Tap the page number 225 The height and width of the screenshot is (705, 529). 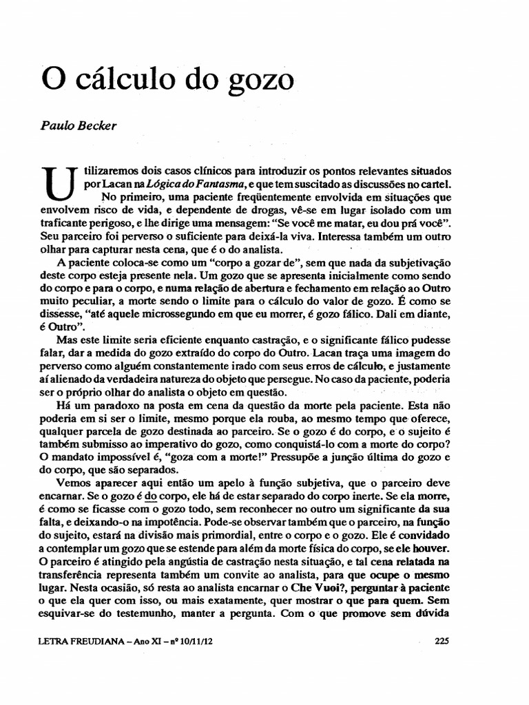click(x=442, y=640)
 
